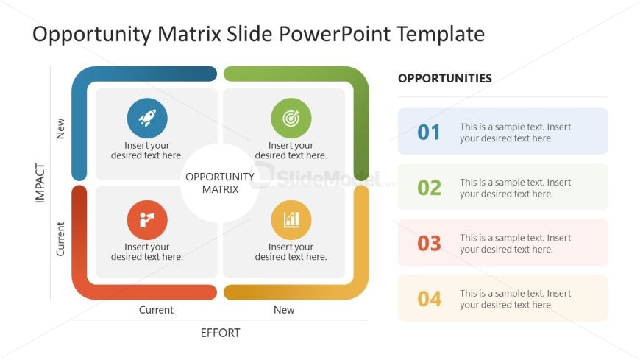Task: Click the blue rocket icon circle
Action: (x=147, y=119)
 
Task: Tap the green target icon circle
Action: (x=291, y=119)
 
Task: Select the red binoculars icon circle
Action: (x=147, y=219)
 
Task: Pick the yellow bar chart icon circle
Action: (x=291, y=219)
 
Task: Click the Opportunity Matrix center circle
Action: (x=220, y=183)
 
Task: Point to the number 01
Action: (x=429, y=133)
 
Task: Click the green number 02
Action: (x=429, y=188)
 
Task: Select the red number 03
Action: (x=429, y=243)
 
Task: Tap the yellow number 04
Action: (x=429, y=299)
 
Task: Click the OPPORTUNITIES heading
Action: (x=445, y=78)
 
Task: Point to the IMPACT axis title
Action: (x=40, y=183)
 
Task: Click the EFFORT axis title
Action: (x=220, y=333)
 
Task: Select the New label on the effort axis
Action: (x=284, y=310)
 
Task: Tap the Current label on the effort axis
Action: (x=156, y=310)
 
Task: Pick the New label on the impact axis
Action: (x=61, y=128)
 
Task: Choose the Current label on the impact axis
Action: (x=61, y=239)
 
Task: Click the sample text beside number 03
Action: (x=515, y=244)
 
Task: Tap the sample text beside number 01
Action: (x=515, y=133)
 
